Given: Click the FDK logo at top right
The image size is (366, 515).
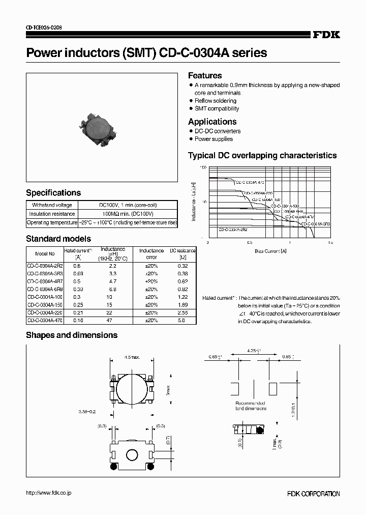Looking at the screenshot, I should click(326, 35).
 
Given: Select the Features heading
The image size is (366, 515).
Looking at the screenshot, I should click(205, 75).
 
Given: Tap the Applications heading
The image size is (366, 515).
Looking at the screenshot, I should click(212, 122).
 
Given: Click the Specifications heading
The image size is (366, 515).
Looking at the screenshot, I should click(53, 193).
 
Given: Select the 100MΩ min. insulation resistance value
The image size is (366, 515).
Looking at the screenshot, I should click(128, 214).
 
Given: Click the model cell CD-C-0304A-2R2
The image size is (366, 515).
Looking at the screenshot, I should click(44, 266).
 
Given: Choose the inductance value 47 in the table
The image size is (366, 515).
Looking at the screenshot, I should click(113, 321).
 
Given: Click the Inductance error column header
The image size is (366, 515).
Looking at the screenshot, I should click(151, 253).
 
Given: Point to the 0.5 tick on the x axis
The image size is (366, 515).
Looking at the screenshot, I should click(250, 243).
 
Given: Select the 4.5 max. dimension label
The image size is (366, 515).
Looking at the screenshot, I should click(132, 357).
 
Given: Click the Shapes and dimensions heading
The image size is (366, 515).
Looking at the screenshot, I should click(72, 335).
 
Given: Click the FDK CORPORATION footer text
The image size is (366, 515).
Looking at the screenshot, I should click(313, 494).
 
